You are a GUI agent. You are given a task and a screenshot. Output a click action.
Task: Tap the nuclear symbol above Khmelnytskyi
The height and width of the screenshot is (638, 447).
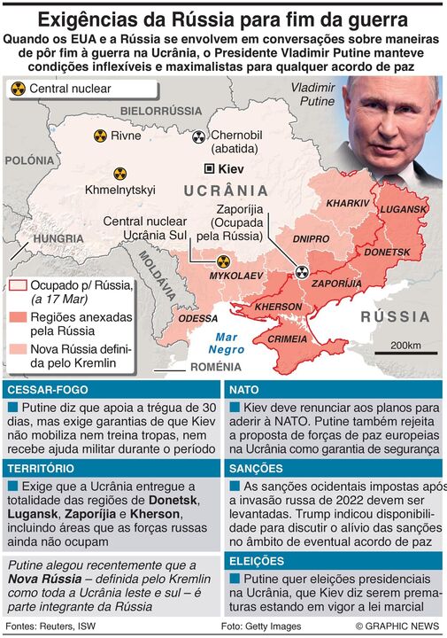click(x=119, y=174)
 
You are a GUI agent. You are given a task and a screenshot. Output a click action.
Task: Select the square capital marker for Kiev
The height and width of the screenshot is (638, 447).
click(x=208, y=168)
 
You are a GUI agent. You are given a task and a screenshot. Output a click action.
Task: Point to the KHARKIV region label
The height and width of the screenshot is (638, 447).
click(x=347, y=203)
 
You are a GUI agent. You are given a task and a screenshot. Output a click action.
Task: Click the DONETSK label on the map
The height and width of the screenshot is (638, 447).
click(x=388, y=253)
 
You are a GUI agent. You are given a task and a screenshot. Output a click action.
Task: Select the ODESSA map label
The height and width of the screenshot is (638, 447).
click(x=197, y=317)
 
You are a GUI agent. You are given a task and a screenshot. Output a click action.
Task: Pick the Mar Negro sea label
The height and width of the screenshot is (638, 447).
click(x=228, y=343)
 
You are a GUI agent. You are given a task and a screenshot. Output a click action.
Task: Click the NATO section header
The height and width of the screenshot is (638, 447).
click(x=244, y=389)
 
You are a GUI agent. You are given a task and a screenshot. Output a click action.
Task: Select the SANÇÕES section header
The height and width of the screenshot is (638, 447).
click(x=257, y=468)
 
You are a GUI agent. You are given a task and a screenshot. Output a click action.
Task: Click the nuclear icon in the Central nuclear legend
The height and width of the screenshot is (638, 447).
click(x=18, y=89)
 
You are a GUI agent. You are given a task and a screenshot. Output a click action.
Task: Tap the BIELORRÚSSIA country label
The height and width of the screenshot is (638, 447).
click(x=161, y=110)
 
